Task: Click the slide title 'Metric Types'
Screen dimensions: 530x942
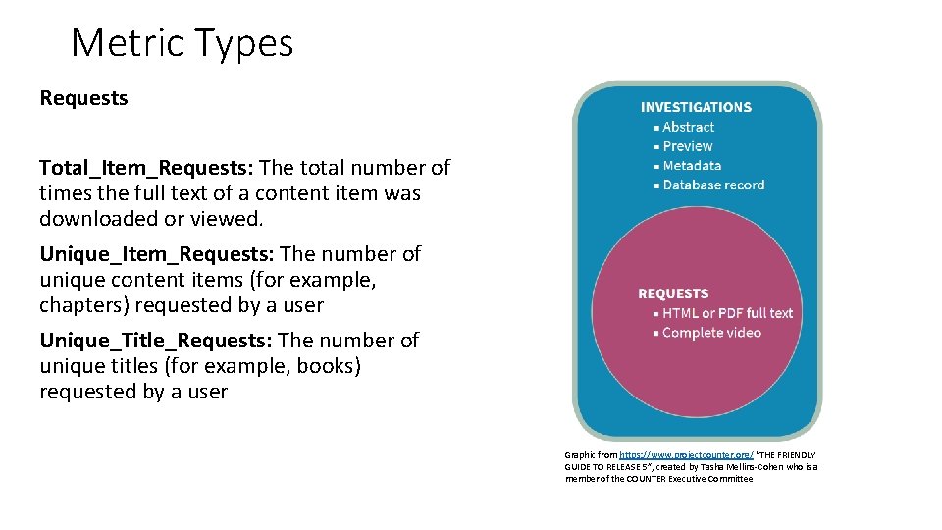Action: pos(182,43)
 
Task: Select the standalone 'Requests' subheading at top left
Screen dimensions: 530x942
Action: pos(83,98)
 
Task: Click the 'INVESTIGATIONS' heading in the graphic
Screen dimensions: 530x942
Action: pos(696,107)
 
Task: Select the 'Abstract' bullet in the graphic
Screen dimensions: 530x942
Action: pos(688,127)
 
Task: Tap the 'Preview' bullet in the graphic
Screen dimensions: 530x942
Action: pos(687,146)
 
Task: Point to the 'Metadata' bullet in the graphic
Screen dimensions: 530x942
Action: pos(691,166)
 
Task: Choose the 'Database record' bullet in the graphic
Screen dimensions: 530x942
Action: pos(712,185)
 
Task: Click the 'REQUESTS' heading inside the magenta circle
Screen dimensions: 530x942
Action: pos(673,293)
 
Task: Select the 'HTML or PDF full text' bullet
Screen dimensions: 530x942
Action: pos(727,313)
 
